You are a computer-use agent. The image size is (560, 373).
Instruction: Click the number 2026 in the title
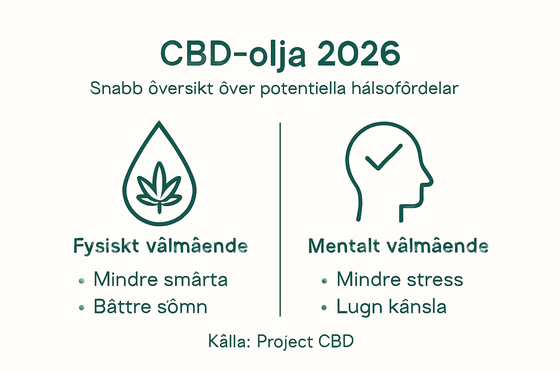point(359,54)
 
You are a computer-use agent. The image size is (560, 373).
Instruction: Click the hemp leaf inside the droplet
point(159,186)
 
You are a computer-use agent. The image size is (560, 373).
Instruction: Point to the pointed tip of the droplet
point(159,123)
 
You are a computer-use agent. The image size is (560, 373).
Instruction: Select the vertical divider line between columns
point(280,219)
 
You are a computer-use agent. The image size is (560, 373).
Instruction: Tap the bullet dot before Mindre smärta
point(82,281)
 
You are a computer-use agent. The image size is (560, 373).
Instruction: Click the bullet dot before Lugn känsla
point(324,308)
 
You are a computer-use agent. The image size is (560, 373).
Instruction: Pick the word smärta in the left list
point(196,280)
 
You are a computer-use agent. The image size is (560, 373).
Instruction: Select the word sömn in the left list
point(182,307)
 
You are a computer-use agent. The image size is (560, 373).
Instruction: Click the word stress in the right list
point(435,280)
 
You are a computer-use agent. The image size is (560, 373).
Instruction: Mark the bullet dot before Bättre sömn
point(82,308)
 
